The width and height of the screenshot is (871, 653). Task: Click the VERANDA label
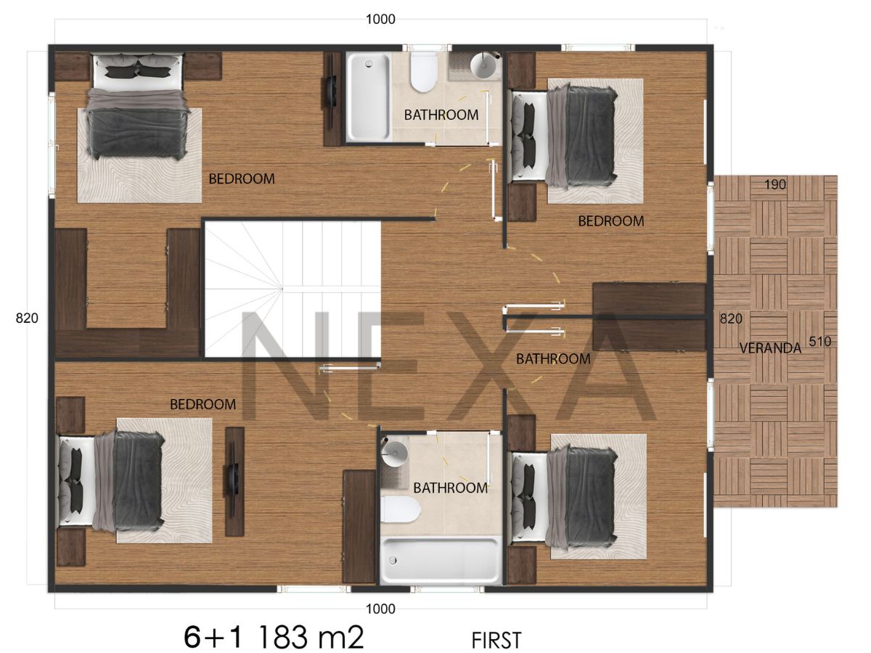(770, 348)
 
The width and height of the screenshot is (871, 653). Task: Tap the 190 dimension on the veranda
(775, 184)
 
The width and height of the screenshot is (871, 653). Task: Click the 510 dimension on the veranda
(819, 341)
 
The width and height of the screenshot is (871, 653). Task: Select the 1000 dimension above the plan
(380, 19)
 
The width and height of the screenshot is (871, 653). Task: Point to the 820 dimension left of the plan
(27, 318)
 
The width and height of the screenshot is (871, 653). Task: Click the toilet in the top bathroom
(423, 72)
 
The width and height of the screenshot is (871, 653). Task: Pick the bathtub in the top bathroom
(369, 97)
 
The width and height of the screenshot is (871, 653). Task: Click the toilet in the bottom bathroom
(401, 510)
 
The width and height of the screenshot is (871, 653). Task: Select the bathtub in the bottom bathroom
(440, 560)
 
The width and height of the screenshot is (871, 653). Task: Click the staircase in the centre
(293, 289)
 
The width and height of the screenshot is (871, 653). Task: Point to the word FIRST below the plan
(496, 641)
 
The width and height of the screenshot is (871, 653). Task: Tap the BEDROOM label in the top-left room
(242, 178)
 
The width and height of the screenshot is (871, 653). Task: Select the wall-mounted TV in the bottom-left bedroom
(234, 481)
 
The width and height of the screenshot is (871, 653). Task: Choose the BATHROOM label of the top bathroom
(441, 115)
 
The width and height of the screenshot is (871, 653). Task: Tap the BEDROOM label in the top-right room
(610, 221)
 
